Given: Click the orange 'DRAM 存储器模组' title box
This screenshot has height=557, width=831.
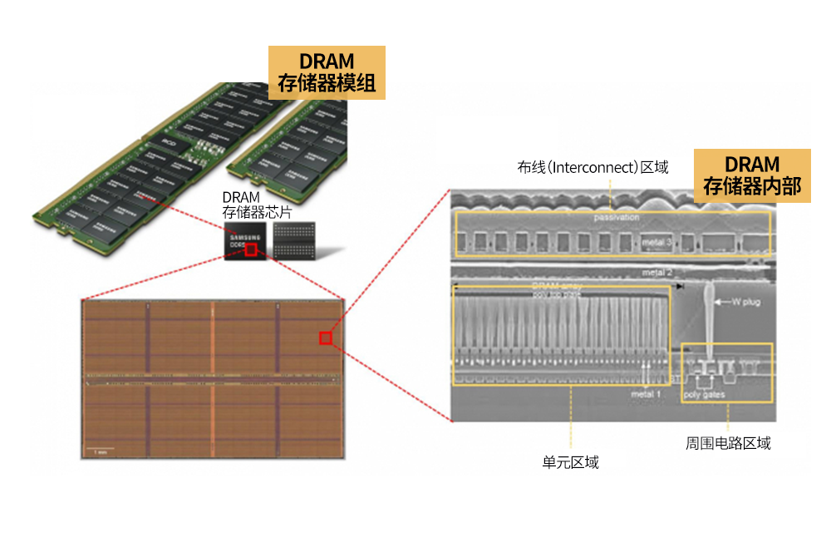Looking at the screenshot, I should pyautogui.click(x=327, y=72).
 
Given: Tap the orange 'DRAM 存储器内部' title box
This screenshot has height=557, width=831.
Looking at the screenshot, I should pyautogui.click(x=752, y=175).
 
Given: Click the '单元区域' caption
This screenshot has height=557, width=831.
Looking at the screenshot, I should pyautogui.click(x=571, y=462).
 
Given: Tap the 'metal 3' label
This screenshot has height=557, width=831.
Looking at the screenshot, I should pyautogui.click(x=656, y=243).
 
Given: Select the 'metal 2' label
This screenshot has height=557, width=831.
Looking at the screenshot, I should pyautogui.click(x=656, y=273).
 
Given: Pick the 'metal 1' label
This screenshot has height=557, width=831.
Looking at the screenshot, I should pyautogui.click(x=646, y=393).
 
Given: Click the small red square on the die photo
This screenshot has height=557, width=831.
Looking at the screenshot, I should pyautogui.click(x=326, y=338).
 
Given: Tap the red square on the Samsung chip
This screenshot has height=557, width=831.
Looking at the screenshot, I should pyautogui.click(x=251, y=249).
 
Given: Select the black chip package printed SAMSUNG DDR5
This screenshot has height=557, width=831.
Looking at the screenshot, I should pyautogui.click(x=248, y=240).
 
